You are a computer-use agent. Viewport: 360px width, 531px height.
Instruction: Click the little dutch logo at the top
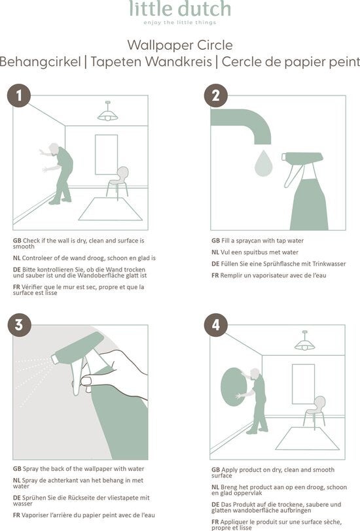(x=180, y=12)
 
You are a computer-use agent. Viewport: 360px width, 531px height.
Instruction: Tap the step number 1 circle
(x=19, y=95)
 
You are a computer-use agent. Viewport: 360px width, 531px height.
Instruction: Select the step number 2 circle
(x=216, y=95)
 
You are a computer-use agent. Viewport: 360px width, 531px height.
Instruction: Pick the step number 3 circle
(x=20, y=325)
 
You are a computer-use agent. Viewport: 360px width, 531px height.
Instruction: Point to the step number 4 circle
(x=216, y=325)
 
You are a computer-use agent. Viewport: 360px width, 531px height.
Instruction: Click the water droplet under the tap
(x=263, y=163)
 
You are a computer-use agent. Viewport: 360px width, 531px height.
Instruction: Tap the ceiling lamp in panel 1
(x=108, y=111)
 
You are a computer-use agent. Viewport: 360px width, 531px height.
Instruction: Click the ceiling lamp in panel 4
(x=305, y=341)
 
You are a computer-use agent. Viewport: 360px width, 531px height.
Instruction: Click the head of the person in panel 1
(x=54, y=148)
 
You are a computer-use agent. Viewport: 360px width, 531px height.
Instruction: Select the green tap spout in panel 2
(x=241, y=126)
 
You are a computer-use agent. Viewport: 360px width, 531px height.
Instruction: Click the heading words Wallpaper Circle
(x=180, y=45)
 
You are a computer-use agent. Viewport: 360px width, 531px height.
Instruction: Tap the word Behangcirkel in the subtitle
(x=41, y=62)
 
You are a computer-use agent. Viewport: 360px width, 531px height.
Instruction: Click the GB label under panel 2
(x=215, y=241)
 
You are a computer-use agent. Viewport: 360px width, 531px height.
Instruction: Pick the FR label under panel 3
(x=16, y=515)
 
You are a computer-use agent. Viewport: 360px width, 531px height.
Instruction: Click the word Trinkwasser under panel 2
(x=329, y=264)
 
